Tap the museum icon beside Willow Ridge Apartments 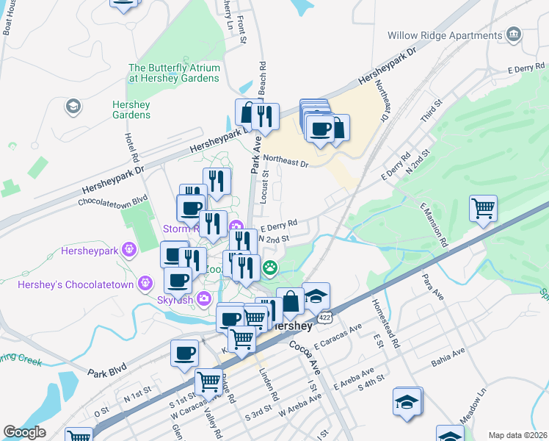(514, 35)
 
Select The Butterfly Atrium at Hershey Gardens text (174, 73)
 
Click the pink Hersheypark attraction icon (130, 249)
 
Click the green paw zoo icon (270, 269)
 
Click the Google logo (24, 432)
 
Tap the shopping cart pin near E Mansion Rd (483, 209)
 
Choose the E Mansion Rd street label (433, 224)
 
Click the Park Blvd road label (107, 367)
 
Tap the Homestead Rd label (385, 324)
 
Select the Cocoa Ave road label (301, 356)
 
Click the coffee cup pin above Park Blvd (184, 352)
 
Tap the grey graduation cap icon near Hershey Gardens (72, 107)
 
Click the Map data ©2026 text (517, 435)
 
